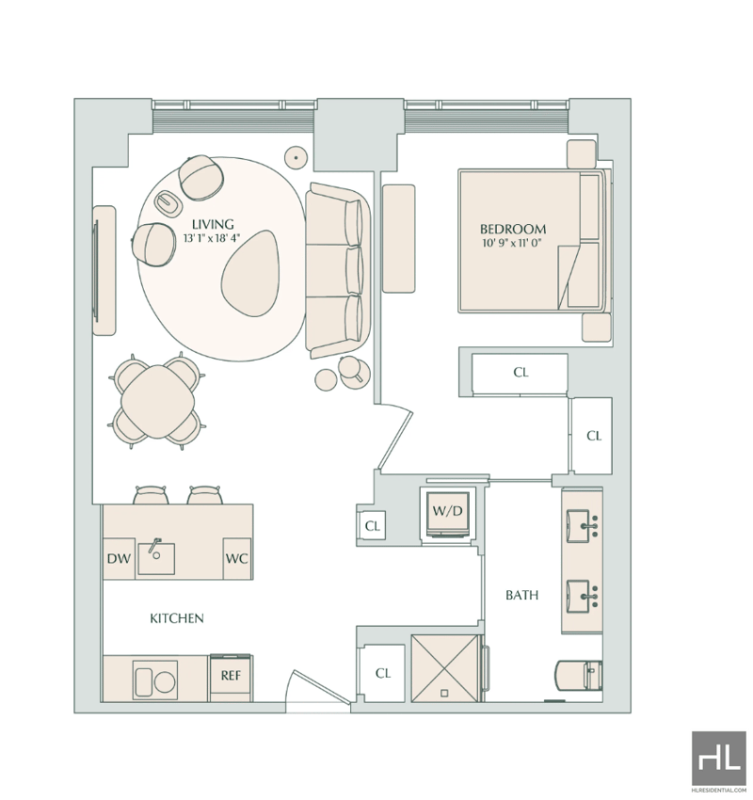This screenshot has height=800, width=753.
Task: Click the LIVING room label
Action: [213, 224]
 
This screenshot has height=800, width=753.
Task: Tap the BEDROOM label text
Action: [512, 229]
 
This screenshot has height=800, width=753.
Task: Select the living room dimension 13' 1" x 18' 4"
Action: [211, 238]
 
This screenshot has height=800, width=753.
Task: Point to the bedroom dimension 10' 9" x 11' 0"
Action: [511, 244]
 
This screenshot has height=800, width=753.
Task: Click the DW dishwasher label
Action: [119, 559]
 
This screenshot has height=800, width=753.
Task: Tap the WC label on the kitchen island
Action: [236, 559]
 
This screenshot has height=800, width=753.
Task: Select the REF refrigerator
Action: [231, 678]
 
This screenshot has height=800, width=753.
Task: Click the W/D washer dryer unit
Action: [447, 512]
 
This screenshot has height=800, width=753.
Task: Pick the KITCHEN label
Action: [177, 618]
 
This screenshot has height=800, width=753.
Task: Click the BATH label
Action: [521, 595]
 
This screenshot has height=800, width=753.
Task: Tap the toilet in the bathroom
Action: [578, 676]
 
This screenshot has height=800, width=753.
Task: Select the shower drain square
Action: [444, 693]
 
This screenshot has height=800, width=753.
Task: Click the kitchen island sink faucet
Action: [154, 545]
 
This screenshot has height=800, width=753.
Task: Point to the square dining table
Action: [157, 402]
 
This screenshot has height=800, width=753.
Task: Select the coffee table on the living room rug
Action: [252, 273]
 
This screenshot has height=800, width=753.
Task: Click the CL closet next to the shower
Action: [383, 673]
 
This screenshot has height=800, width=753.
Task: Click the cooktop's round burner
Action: [165, 682]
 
